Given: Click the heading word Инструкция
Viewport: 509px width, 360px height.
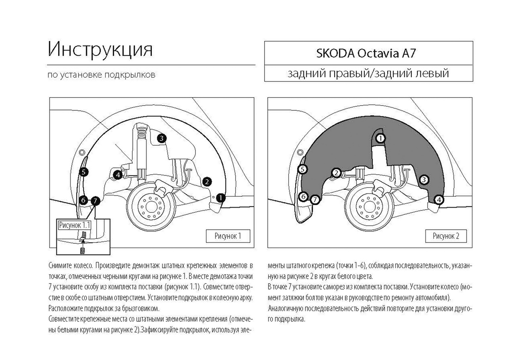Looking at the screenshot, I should tap(100, 50).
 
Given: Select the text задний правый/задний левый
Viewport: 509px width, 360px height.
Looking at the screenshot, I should tap(368, 74).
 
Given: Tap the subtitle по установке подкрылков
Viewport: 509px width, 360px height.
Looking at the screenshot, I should tap(101, 75).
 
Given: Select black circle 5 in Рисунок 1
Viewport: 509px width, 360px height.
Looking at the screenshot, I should tap(84, 172).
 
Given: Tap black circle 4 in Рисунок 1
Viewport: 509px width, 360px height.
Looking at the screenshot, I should tap(117, 174).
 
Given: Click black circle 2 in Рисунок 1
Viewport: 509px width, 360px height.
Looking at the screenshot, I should tap(207, 182).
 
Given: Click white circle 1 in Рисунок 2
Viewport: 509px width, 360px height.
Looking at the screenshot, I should tap(381, 138).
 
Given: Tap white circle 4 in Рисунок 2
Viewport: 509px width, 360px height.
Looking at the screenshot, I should tap(439, 199).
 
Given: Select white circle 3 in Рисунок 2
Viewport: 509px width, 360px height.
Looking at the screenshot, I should tap(423, 180).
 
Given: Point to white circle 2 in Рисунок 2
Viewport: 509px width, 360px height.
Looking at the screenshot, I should tap(336, 173).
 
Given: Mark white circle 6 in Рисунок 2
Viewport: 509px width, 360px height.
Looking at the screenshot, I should tap(303, 196).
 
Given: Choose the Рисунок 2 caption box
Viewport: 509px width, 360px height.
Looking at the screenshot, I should tap(446, 236).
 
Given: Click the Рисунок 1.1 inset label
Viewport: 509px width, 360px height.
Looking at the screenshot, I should tap(74, 225).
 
